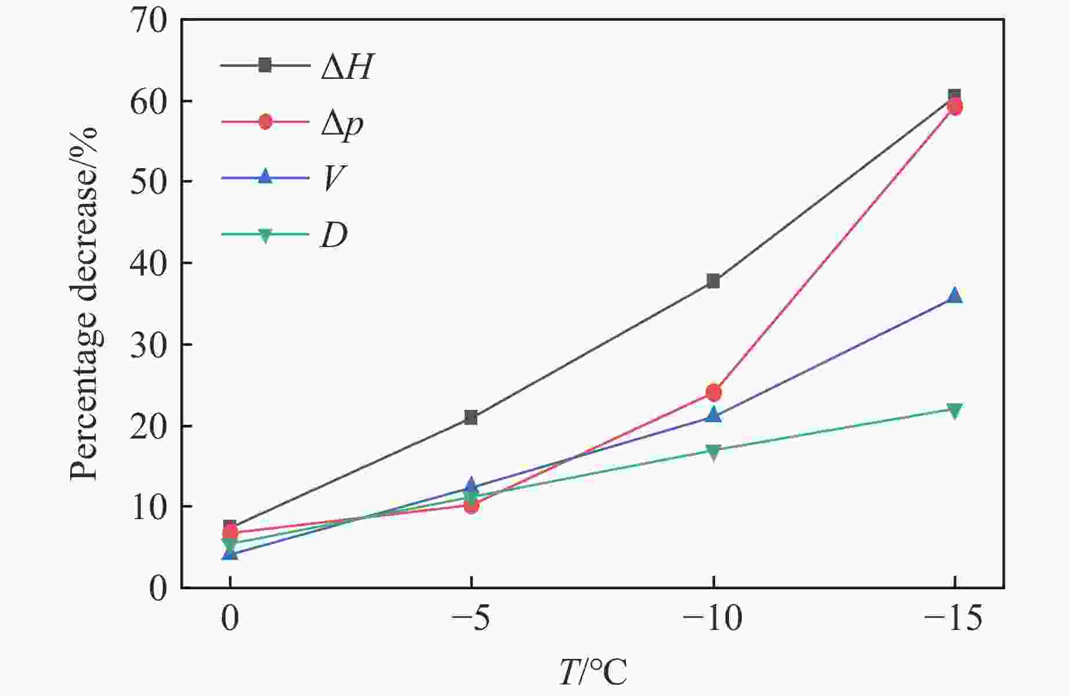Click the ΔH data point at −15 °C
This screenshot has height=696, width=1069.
[954, 95]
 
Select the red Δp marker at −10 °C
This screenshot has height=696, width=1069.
[713, 393]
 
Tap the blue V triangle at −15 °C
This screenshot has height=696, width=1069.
[954, 296]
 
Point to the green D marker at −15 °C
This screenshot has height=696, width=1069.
[954, 410]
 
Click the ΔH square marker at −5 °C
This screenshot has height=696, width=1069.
[471, 418]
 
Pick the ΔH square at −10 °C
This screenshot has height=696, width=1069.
[713, 281]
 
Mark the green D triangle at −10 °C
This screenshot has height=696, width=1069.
[713, 451]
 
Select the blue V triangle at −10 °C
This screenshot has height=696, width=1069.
[713, 415]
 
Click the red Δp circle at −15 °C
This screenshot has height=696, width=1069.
[954, 107]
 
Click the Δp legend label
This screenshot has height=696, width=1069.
[342, 123]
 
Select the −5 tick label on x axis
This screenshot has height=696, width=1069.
[471, 619]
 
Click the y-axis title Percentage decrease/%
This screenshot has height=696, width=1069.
[85, 304]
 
